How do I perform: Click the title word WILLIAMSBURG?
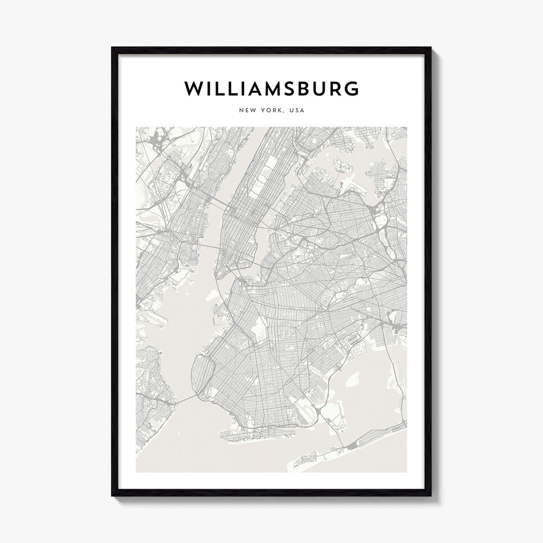coord(271,89)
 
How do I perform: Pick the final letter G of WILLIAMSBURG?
coord(351,89)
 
